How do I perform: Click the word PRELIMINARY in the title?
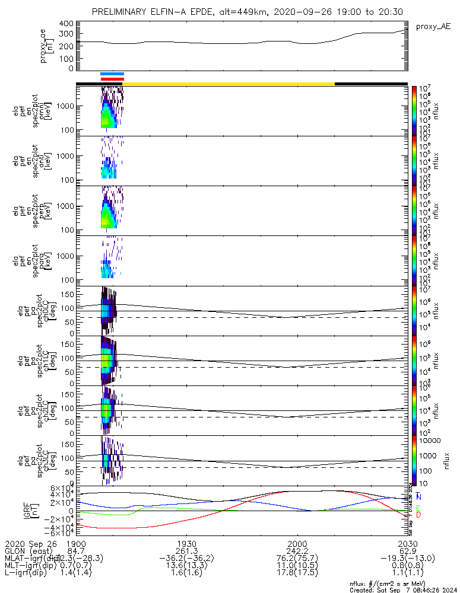(x=123, y=12)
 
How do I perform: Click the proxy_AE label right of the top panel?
(x=433, y=27)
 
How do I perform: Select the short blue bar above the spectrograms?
(x=112, y=74)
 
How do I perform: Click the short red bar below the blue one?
(x=112, y=78)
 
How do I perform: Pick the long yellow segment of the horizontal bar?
(x=229, y=84)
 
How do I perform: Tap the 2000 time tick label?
(x=296, y=543)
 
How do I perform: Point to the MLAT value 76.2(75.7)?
(x=296, y=558)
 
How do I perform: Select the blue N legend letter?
(x=419, y=496)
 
